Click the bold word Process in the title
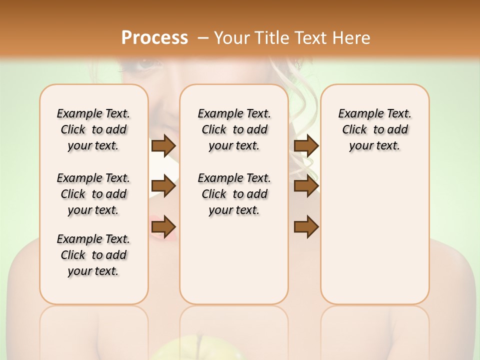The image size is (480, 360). [x=154, y=38]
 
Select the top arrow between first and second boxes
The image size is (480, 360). [x=163, y=145]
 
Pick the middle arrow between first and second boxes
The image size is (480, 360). [x=163, y=186]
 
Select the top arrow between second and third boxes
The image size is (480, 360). [x=306, y=145]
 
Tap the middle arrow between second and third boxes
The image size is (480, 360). [x=306, y=186]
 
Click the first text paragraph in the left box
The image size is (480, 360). [x=93, y=129]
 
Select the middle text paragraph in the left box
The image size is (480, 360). [x=93, y=194]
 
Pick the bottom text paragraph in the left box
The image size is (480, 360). [x=93, y=255]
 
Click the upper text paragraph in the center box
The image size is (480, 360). [x=234, y=129]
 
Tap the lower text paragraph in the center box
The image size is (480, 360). [x=234, y=194]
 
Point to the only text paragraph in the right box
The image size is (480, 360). [x=374, y=129]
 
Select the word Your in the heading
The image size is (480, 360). [x=231, y=38]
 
